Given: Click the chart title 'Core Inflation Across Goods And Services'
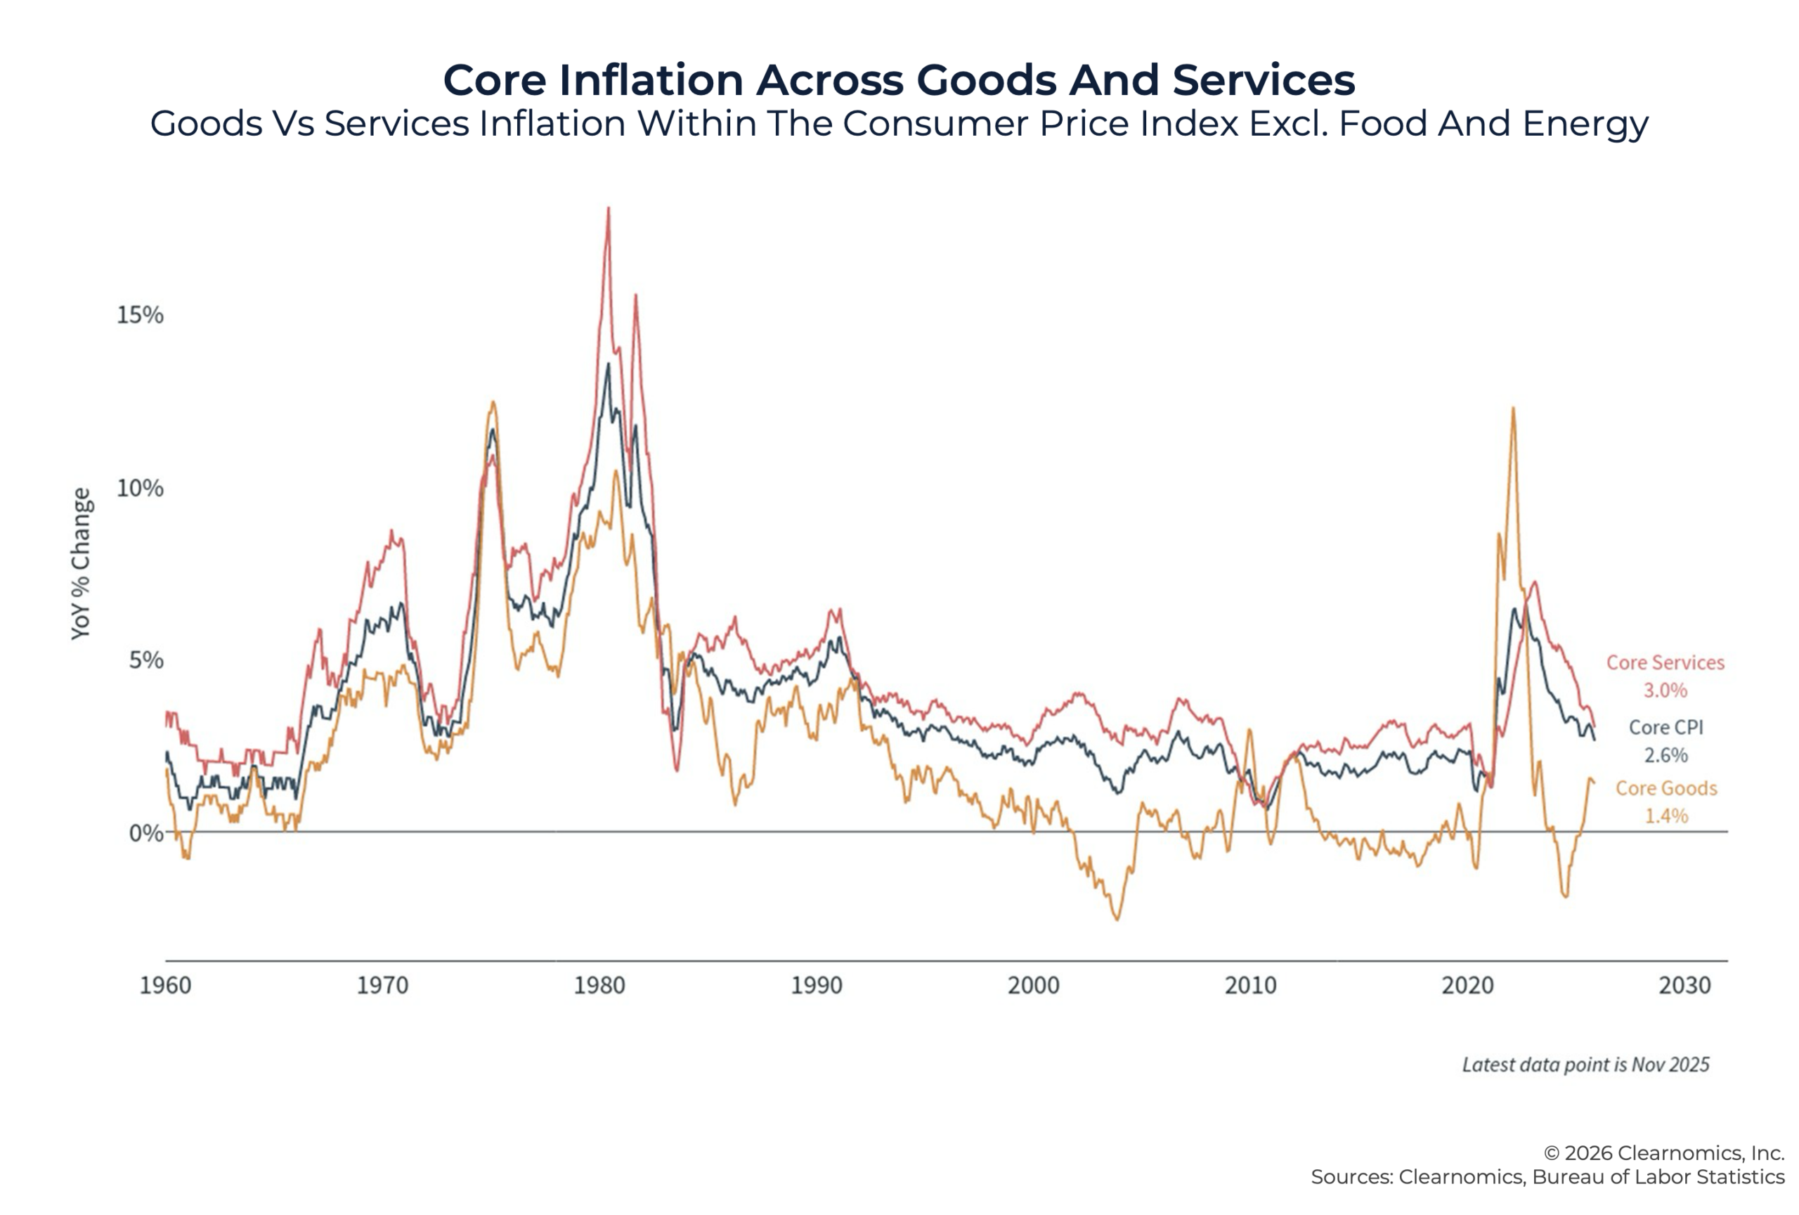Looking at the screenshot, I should click(899, 79).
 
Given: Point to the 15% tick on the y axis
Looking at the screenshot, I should click(140, 314).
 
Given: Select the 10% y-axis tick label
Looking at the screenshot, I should click(140, 488).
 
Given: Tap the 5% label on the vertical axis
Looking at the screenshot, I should click(146, 660).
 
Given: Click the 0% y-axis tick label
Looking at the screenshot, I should click(146, 833).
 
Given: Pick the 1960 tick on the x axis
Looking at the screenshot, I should click(165, 985).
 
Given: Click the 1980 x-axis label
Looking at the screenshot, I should click(599, 985).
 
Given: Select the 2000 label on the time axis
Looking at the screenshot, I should click(1034, 985).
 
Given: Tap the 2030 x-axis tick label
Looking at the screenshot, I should click(1684, 985).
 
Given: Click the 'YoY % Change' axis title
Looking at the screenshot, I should click(81, 564).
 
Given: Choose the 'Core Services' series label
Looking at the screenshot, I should click(1665, 662).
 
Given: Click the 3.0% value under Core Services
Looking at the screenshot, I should click(1665, 690).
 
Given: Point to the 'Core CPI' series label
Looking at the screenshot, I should click(1665, 727).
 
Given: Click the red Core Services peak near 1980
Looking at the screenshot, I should click(609, 209).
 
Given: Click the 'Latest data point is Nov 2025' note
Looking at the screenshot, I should click(1585, 1065).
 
